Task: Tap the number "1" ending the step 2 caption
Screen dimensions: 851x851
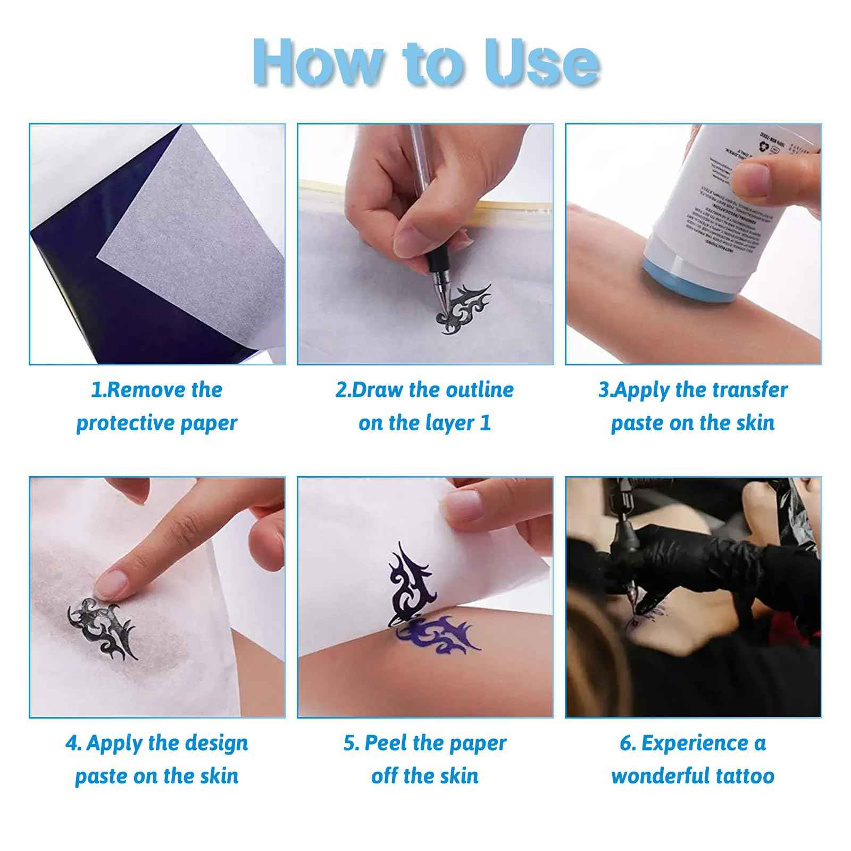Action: coord(485,423)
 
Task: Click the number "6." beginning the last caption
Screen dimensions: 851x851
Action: coord(628,743)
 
